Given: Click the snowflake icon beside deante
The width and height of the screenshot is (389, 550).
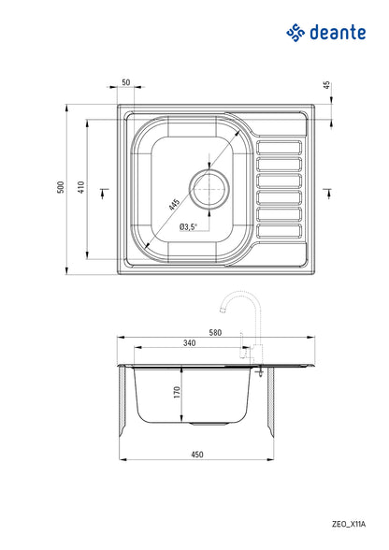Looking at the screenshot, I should [295, 35].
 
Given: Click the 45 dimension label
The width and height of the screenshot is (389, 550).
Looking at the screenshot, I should [326, 85].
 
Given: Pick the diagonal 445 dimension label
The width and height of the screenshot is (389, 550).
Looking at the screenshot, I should [175, 203].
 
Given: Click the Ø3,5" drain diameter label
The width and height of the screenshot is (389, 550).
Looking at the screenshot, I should [187, 227].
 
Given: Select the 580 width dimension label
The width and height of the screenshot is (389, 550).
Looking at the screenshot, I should [216, 333].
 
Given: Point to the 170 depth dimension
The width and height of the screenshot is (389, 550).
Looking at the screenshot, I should [174, 394].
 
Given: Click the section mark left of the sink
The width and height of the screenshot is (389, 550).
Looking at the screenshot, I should [103, 193].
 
